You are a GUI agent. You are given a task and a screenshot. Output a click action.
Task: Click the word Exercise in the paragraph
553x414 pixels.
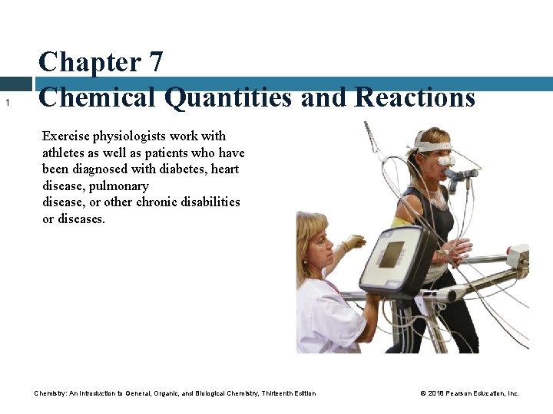pos(65,136)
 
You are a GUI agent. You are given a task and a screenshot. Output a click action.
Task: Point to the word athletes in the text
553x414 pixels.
pos(65,153)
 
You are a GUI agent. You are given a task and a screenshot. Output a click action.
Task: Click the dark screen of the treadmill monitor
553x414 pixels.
pos(392,254)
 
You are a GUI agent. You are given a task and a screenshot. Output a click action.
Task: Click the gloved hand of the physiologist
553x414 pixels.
pos(355,243)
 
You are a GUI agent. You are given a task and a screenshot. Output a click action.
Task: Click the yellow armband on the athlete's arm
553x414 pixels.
pos(401,222)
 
